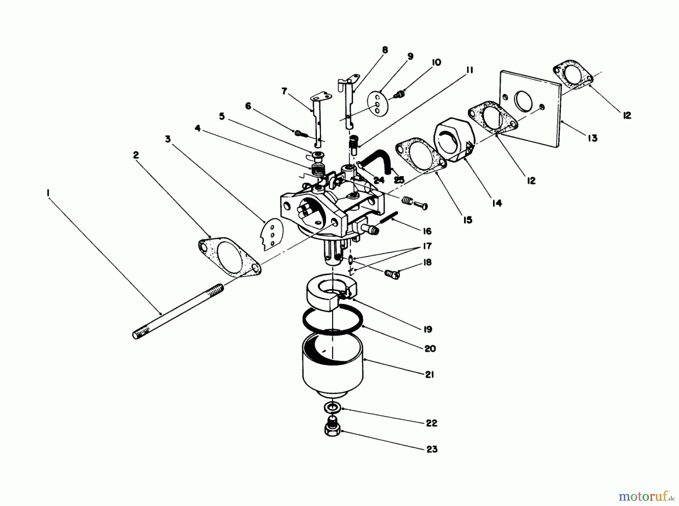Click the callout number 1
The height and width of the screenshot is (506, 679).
[48, 193]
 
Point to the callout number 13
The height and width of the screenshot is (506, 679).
[592, 138]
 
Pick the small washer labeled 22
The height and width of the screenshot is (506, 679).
[332, 408]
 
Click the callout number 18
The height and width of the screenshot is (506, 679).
[427, 262]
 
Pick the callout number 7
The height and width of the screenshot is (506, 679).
[284, 91]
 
